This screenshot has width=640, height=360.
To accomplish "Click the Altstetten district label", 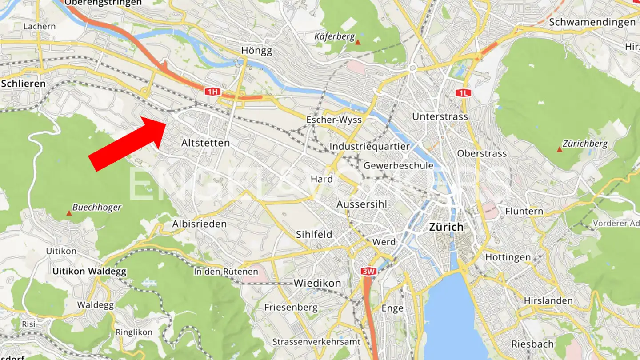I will [205, 143].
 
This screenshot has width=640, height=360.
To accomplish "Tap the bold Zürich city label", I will [446, 227].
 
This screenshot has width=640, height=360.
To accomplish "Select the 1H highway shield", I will [212, 92].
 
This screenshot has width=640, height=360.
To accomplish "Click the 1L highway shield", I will [463, 93].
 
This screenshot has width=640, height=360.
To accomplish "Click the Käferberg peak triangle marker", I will [358, 42].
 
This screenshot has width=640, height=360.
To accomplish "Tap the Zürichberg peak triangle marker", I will [560, 149].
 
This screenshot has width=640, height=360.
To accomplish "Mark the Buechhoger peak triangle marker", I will [69, 214].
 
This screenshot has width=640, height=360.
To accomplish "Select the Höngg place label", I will [256, 51].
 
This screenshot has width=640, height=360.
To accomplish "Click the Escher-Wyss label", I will [334, 120].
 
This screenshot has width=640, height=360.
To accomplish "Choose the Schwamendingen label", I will [592, 22].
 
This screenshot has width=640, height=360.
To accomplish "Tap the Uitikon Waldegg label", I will [89, 271].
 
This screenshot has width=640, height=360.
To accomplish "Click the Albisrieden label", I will [199, 224].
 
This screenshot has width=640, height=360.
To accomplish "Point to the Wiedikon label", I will [317, 283].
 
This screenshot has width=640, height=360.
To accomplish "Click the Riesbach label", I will [532, 344].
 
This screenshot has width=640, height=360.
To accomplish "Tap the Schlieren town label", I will [24, 84].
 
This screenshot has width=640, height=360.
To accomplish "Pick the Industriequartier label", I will [369, 147].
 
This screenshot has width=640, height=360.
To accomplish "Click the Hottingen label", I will [508, 257].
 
